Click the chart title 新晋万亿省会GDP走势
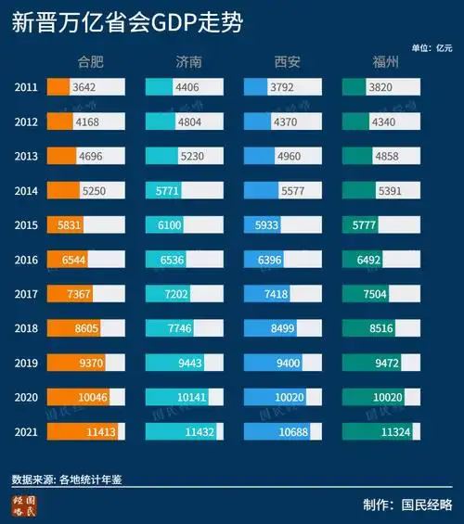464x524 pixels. pyautogui.click(x=127, y=23)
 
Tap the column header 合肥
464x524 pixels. pyautogui.click(x=93, y=63)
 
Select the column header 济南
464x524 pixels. pyautogui.click(x=188, y=63)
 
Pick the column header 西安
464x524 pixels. pyautogui.click(x=287, y=63)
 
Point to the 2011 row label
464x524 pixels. pyautogui.click(x=27, y=87)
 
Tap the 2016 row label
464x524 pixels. pyautogui.click(x=27, y=260)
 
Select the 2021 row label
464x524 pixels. pyautogui.click(x=27, y=431)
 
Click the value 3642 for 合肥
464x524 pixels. pyautogui.click(x=84, y=87)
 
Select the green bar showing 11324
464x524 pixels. pyautogui.click(x=379, y=431)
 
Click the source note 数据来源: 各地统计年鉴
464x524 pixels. pyautogui.click(x=67, y=479)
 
